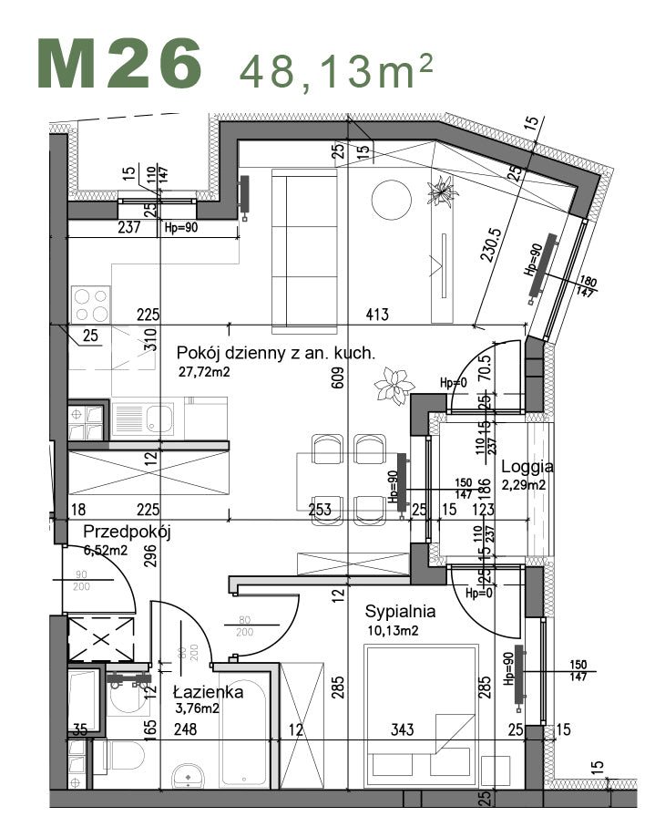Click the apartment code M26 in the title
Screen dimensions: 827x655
click(119, 64)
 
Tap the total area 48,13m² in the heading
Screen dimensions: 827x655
click(335, 69)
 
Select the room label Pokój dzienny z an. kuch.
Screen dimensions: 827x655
click(275, 354)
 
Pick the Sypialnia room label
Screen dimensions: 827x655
click(400, 612)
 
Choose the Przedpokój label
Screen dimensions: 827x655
click(127, 532)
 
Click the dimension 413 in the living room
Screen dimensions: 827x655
click(377, 315)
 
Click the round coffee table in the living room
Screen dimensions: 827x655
click(391, 198)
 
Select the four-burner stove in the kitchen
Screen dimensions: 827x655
click(91, 303)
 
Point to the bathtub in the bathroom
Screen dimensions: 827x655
click(246, 729)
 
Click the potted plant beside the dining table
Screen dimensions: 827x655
click(394, 385)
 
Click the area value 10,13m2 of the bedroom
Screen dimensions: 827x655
click(393, 629)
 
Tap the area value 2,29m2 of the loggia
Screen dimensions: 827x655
click(523, 485)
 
